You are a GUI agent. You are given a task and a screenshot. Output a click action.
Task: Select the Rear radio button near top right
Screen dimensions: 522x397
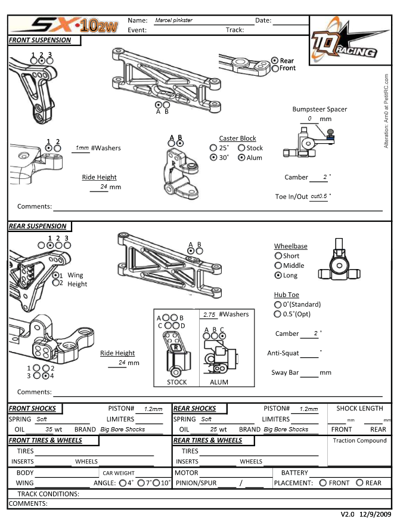point(275,61)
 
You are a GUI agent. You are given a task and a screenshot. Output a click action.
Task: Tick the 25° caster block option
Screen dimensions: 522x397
point(213,148)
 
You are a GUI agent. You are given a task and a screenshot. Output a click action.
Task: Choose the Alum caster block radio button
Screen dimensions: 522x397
point(241,158)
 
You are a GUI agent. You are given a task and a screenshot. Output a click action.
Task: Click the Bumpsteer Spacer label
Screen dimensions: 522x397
point(320,109)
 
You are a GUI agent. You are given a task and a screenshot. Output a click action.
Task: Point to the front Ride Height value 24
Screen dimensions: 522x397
point(104,187)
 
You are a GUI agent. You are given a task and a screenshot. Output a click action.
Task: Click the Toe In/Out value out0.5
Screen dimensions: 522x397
point(319,196)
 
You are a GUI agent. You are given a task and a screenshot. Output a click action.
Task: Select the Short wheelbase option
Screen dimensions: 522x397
point(278,256)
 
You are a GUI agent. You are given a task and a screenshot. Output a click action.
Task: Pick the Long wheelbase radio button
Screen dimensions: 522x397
point(278,276)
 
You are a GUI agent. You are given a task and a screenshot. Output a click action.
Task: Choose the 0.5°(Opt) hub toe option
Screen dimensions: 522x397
point(278,314)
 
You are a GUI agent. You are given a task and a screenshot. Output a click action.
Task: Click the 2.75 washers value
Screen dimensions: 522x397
point(209,314)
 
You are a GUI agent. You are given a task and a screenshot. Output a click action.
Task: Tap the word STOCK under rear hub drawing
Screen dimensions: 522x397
point(176,382)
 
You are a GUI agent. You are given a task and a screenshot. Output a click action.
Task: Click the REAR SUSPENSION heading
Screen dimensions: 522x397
point(38,227)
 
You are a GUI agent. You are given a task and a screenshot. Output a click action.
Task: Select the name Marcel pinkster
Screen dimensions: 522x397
point(173,20)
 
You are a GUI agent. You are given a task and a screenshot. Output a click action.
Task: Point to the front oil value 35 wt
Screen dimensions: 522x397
point(53,430)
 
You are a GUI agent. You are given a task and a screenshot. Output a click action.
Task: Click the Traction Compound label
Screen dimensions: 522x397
point(360,441)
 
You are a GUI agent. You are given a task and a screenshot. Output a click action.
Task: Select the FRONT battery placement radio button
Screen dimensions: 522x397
point(323,483)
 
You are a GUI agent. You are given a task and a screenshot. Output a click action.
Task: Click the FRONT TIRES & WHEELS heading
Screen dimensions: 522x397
point(45,441)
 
